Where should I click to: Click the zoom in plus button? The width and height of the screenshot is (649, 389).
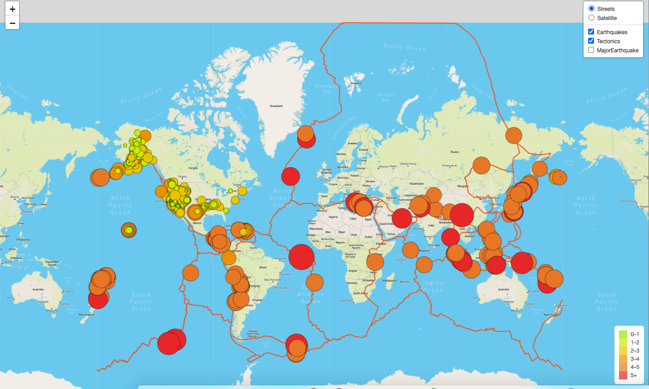coord(12,9)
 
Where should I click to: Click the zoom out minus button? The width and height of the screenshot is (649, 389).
coord(12,23)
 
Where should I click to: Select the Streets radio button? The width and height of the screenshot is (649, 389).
coord(591,9)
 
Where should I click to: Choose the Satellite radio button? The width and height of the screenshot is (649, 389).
coord(591,18)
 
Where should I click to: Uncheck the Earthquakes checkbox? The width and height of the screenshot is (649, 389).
coord(591,32)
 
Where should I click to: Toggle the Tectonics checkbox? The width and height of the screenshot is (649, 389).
coord(591,41)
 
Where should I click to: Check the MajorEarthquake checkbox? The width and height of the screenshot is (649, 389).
coord(591,50)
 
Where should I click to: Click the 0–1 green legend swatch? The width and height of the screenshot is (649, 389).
coord(623,334)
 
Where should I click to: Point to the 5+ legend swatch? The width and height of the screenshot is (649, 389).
coord(623,375)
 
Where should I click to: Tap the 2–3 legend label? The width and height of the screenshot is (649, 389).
coord(635,350)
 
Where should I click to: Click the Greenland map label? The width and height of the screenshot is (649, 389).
coord(276,106)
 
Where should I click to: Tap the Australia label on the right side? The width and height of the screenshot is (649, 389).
coord(501,289)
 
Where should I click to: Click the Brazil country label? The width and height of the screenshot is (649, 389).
coord(263,268)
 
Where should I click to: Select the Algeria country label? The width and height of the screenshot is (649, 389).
coord(333,217)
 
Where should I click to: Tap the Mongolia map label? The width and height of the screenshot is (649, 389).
coord(463,186)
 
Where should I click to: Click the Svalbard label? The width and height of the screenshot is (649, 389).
coord(356,83)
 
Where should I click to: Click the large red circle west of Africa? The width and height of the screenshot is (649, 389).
coord(301,257)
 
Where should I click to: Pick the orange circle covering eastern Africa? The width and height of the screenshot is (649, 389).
coord(375,262)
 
